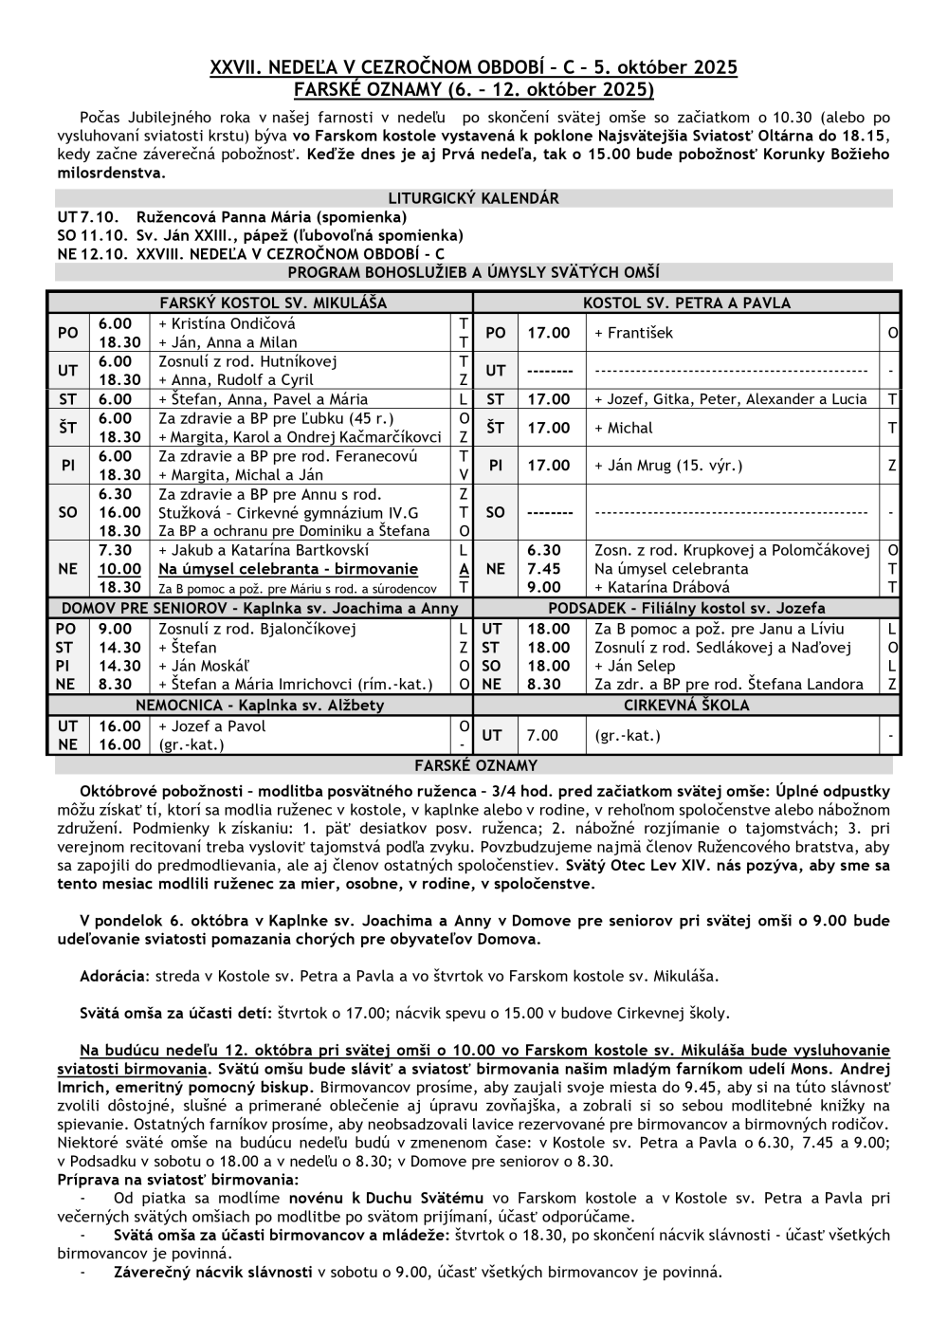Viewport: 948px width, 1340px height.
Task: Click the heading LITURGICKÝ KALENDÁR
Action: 473,199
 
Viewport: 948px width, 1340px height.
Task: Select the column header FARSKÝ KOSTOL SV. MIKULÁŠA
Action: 273,303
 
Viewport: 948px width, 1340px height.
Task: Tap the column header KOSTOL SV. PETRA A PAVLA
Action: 686,303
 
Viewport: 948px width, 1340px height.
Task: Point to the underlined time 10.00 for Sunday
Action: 120,569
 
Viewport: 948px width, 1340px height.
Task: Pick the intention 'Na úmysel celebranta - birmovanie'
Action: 288,569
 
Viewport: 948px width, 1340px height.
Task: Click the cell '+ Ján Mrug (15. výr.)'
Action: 668,466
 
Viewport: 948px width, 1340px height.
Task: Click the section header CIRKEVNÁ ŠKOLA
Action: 686,706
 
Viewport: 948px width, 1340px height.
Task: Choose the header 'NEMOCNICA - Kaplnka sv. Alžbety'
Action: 260,706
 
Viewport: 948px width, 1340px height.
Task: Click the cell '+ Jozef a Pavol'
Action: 212,726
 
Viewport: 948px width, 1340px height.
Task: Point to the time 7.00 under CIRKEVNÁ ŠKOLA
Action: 543,735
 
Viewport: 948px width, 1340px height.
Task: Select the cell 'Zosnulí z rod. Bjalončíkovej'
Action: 257,629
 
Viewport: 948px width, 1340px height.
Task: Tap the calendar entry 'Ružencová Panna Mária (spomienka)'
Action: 258,217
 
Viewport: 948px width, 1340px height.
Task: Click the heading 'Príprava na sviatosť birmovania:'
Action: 178,1180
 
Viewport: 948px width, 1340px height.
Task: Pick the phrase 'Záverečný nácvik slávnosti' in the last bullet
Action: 212,1272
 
